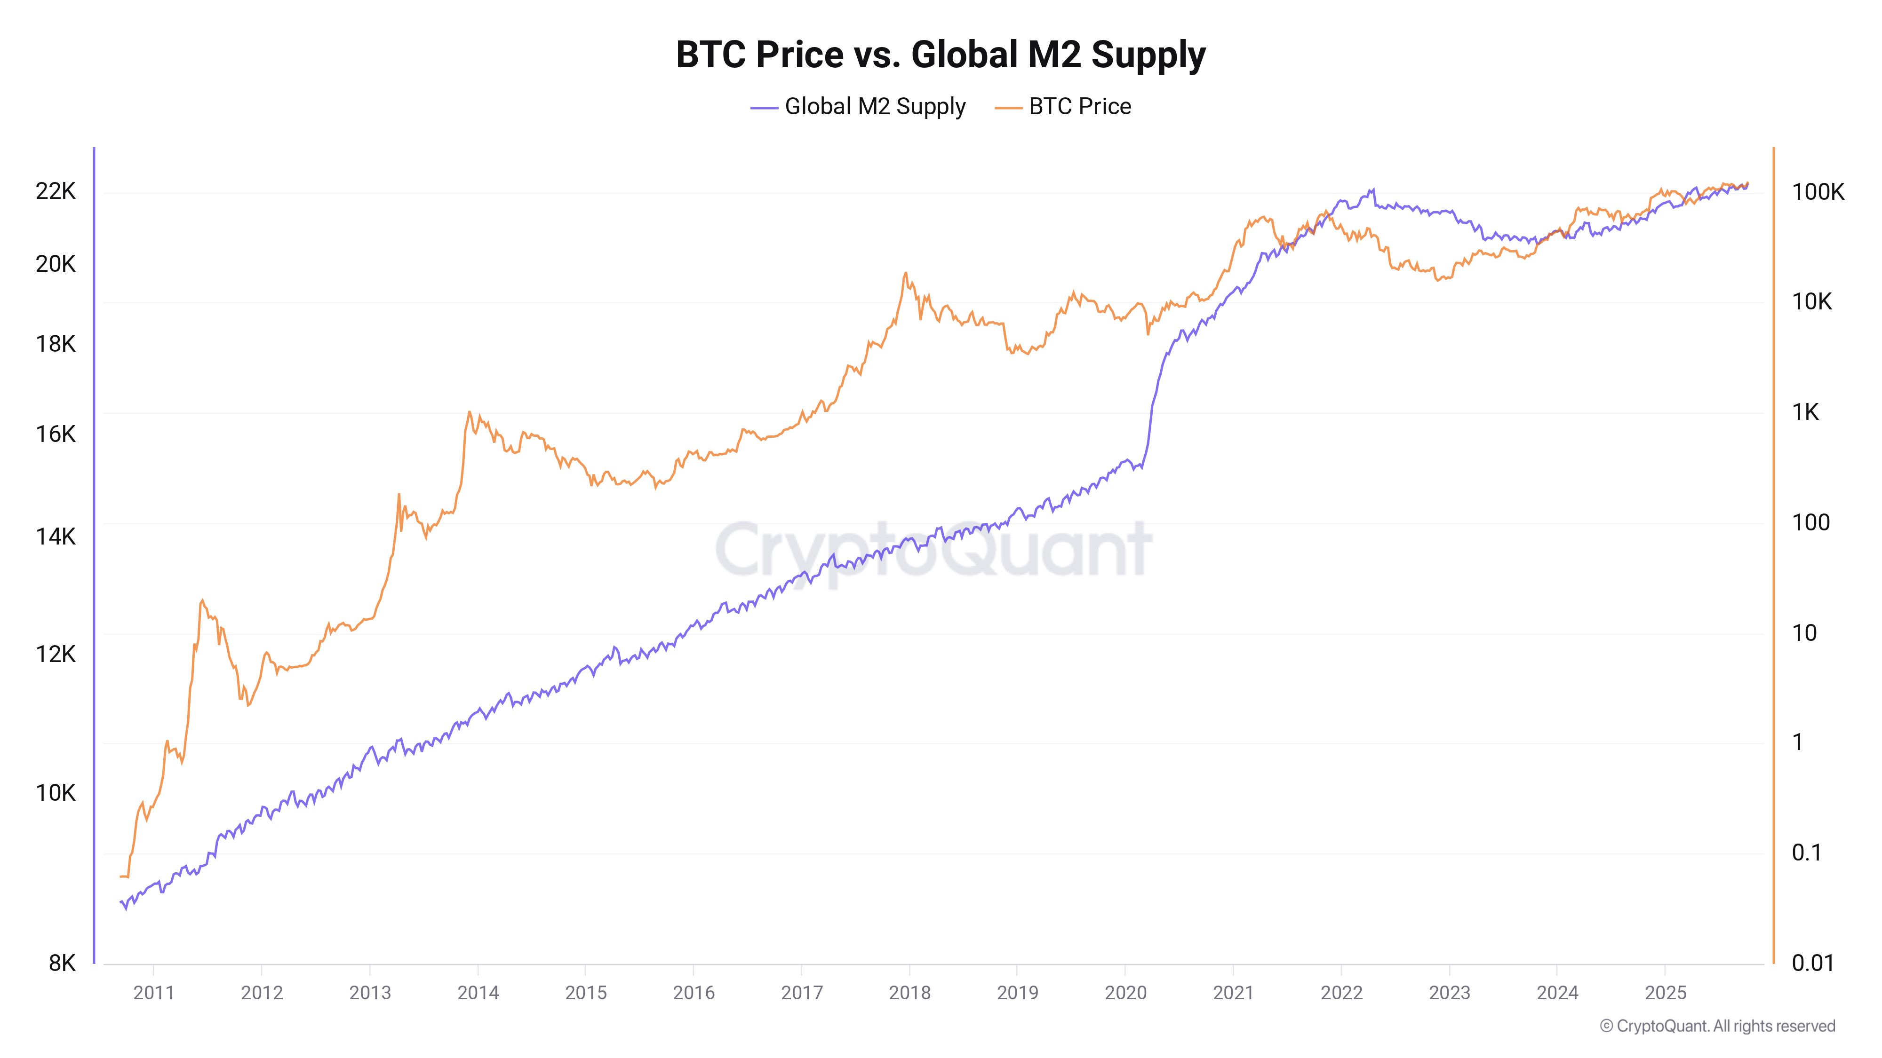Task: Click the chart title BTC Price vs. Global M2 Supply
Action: click(940, 55)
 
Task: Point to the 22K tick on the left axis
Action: click(56, 191)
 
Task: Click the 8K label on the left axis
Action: click(62, 963)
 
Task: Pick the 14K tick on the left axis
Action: click(56, 537)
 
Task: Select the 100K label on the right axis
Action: click(1817, 192)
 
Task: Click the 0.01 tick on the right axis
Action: click(1812, 963)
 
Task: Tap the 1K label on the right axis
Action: click(1804, 412)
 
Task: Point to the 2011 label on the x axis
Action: click(153, 992)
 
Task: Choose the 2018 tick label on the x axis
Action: click(909, 992)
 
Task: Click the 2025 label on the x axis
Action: click(1665, 992)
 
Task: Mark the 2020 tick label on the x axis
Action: click(1125, 992)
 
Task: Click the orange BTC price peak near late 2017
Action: click(905, 273)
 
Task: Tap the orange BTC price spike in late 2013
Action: click(469, 412)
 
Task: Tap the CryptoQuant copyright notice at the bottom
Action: click(1717, 1026)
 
